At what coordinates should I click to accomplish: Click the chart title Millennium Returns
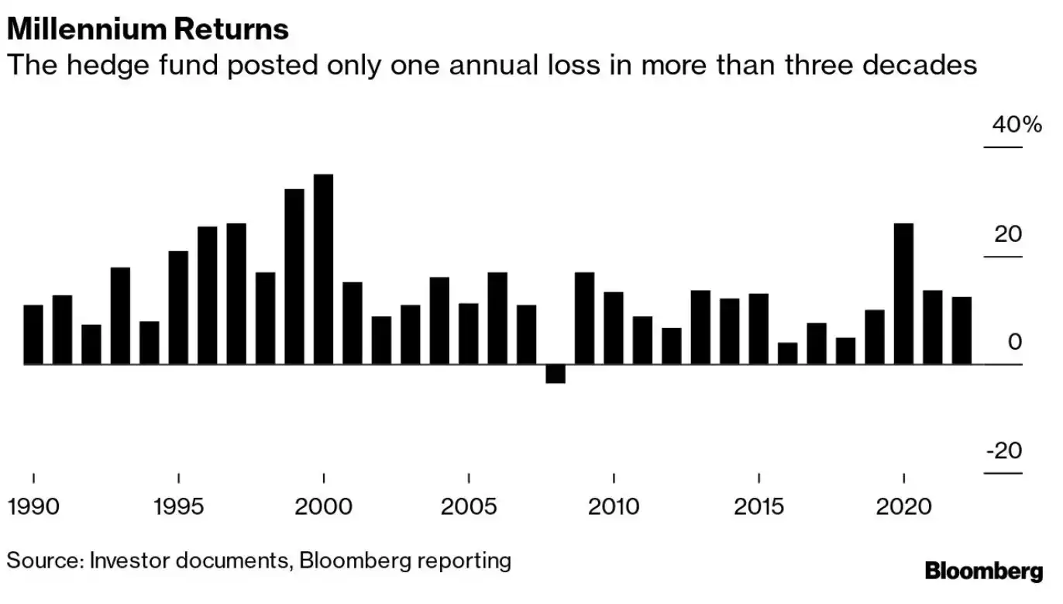(147, 29)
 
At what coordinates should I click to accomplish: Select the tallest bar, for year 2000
(323, 269)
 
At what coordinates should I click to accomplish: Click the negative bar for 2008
(556, 374)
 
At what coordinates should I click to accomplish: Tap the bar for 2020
(903, 293)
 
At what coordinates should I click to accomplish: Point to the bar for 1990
(33, 334)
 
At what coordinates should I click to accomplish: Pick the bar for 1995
(178, 307)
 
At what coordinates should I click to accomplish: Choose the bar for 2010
(614, 328)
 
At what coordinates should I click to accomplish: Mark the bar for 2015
(759, 329)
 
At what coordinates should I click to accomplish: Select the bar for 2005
(468, 333)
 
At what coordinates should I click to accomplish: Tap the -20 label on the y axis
(1004, 450)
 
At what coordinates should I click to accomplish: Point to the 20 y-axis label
(1008, 234)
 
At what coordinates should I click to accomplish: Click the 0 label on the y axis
(1015, 343)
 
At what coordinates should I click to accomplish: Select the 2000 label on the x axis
(323, 507)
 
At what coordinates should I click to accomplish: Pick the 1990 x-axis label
(33, 507)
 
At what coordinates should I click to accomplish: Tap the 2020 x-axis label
(903, 507)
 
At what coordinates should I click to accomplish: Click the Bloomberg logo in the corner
(984, 571)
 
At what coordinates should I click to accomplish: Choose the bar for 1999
(294, 276)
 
